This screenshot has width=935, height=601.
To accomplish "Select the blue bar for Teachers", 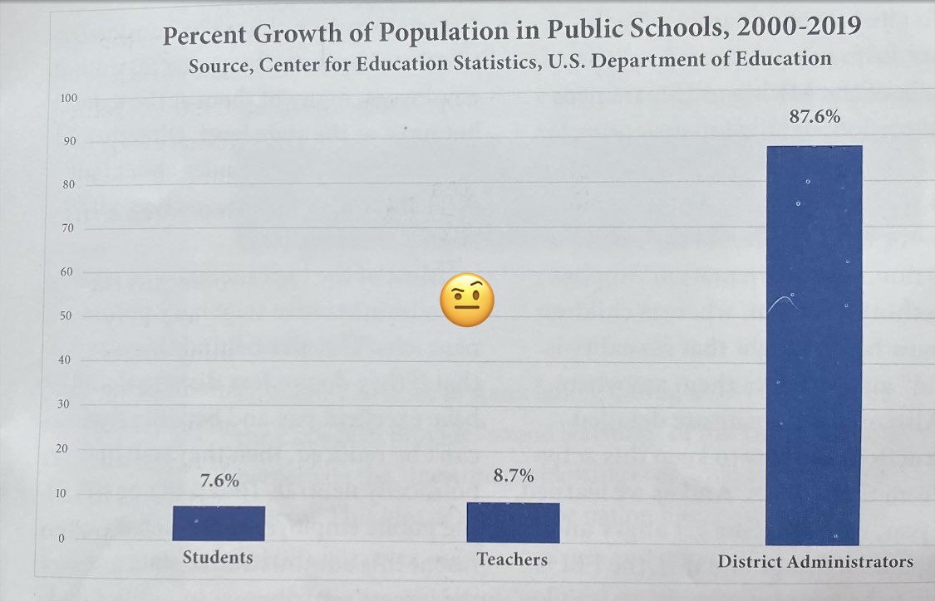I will tap(513, 522).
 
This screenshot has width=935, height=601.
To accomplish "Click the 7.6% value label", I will tap(219, 481).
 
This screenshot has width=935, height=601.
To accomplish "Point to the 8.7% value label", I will tap(513, 476).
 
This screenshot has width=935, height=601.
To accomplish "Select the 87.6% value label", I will tap(814, 117).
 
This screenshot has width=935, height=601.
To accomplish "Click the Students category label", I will tap(218, 557).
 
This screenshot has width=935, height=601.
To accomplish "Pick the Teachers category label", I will tap(512, 559).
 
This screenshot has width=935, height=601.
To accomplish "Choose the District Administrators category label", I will tap(815, 562).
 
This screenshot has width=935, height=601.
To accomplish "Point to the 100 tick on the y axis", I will tap(69, 99).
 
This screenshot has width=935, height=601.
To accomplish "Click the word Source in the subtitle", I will tap(219, 65).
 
